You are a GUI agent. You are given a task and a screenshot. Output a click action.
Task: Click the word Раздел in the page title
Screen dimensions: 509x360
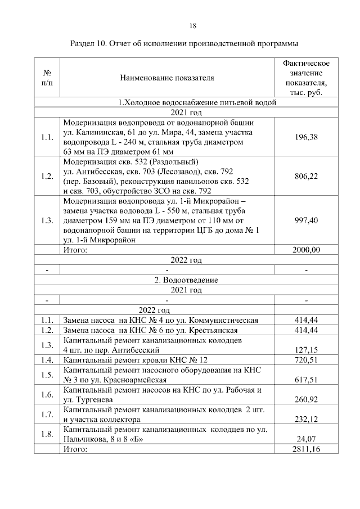pyautogui.click(x=83, y=43)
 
